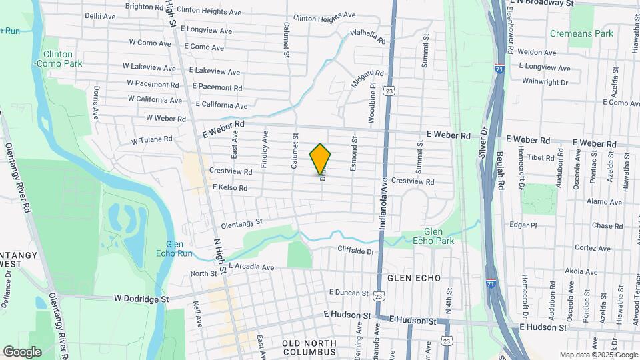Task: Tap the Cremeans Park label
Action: tap(572, 33)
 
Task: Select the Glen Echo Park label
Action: tap(433, 236)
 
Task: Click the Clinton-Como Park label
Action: tap(63, 59)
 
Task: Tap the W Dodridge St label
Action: tap(141, 299)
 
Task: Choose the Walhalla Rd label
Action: tap(368, 37)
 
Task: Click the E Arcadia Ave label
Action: tap(251, 267)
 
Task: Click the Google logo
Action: tap(22, 352)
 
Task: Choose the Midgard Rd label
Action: tap(368, 78)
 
